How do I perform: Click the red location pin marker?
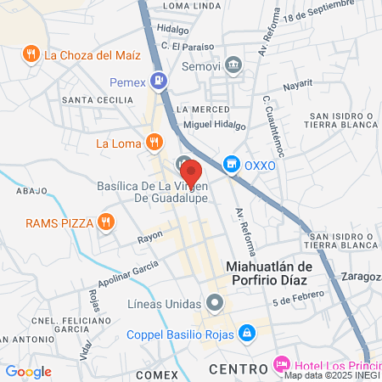click(x=191, y=173)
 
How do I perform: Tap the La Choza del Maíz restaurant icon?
click(x=31, y=55)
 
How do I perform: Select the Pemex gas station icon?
click(x=157, y=82)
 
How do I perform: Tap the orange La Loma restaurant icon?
click(x=154, y=142)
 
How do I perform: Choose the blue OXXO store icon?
click(x=229, y=165)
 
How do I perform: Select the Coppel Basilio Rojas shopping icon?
click(x=247, y=332)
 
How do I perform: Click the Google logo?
click(x=28, y=372)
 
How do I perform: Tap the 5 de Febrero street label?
click(x=298, y=297)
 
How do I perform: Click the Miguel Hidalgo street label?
click(x=214, y=126)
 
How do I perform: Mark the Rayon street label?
click(x=150, y=241)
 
